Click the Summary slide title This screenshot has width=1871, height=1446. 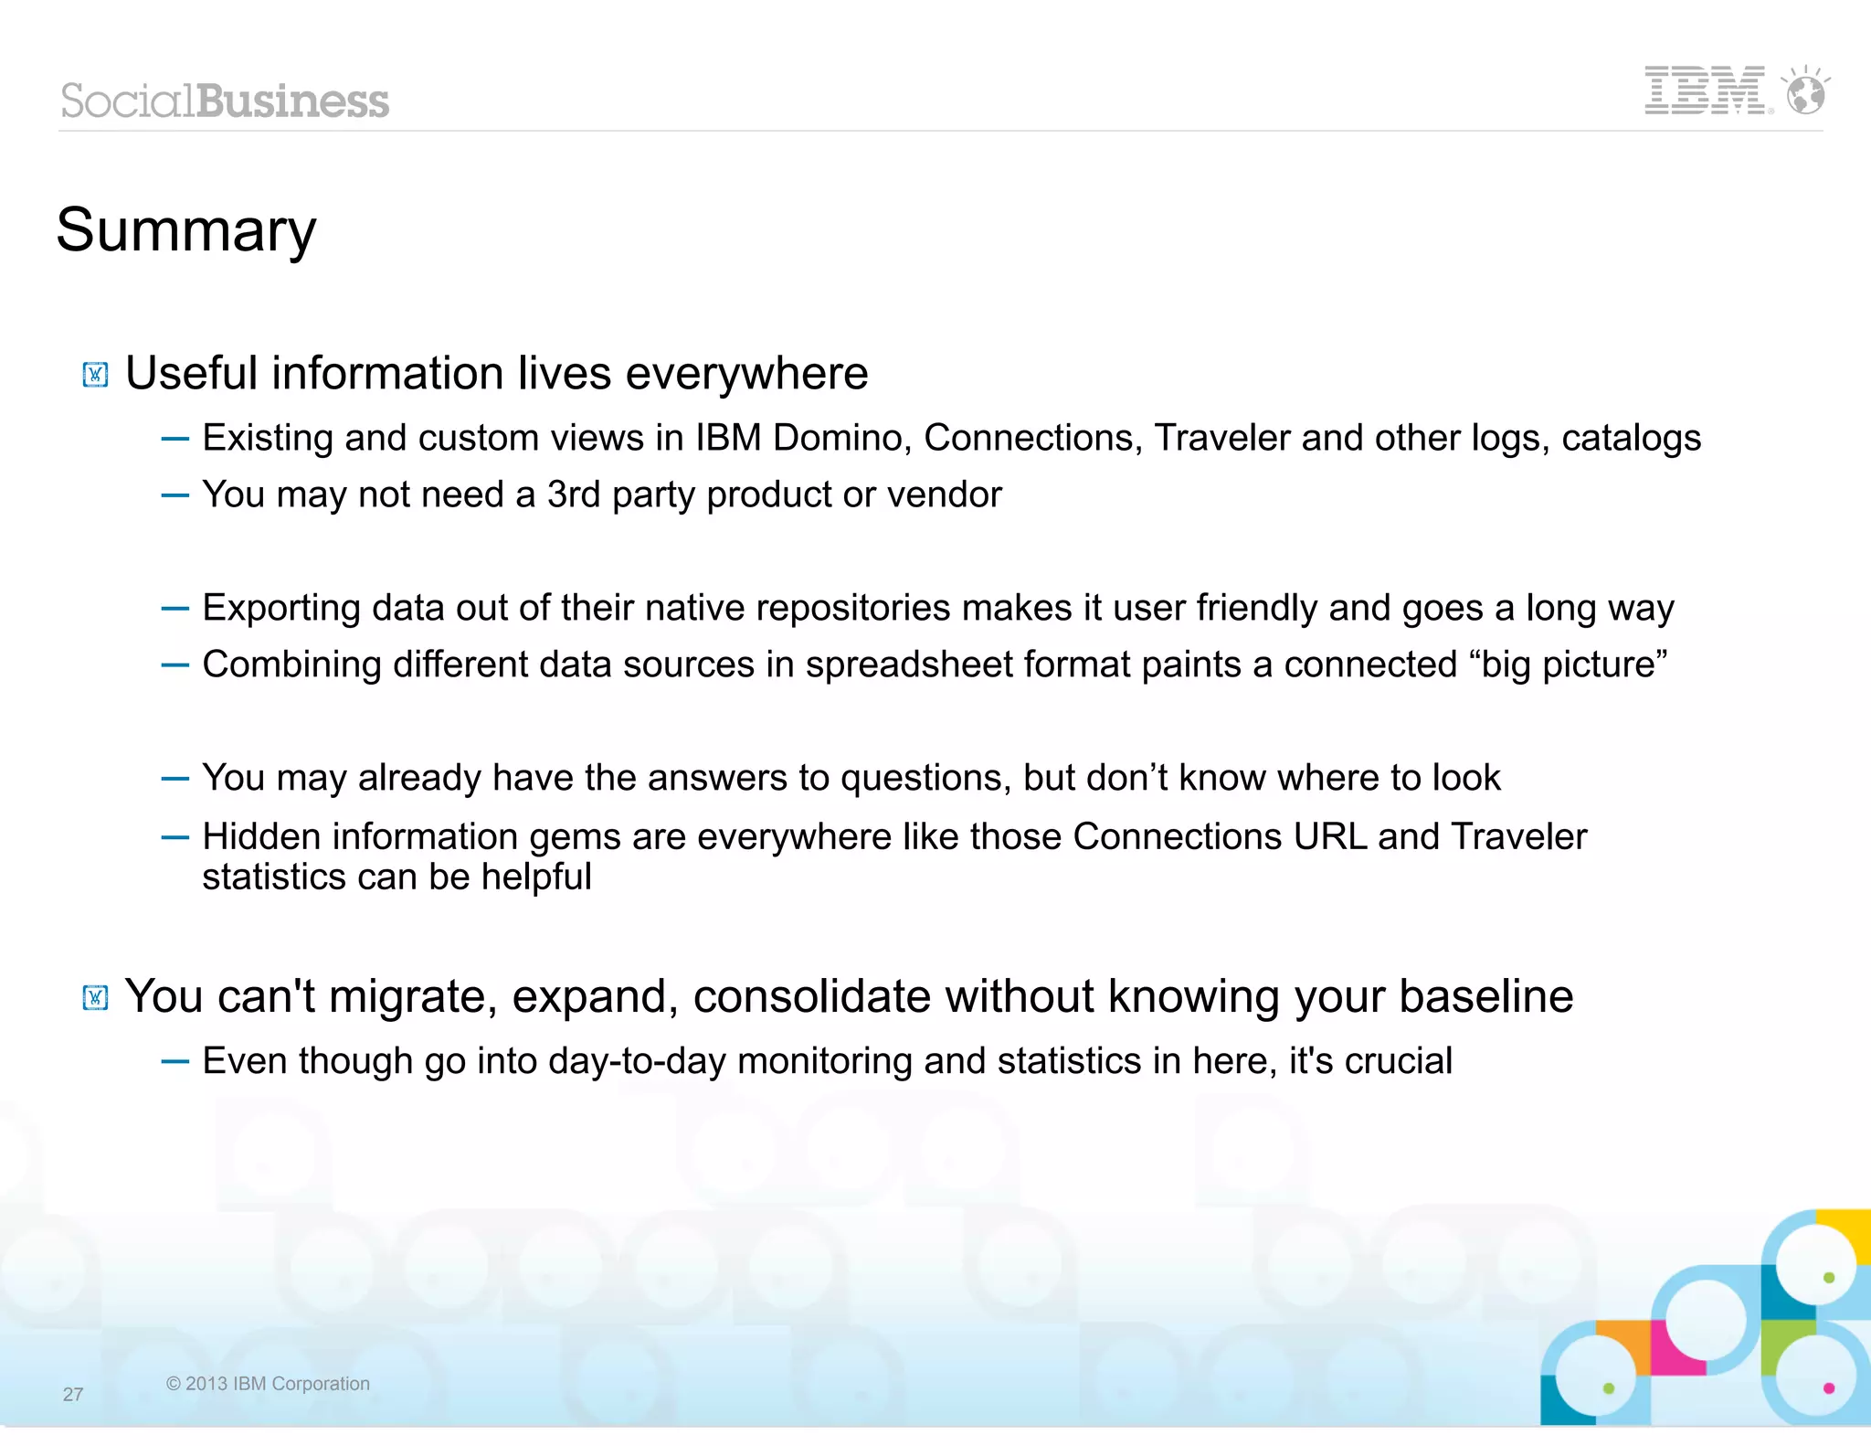tap(186, 229)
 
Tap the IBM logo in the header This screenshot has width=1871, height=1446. tap(1705, 90)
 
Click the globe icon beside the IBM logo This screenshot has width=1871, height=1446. tap(1806, 92)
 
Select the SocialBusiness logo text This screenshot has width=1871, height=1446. tap(225, 101)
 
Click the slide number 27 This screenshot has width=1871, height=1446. tap(73, 1394)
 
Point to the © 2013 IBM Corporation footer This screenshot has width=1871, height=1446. tap(268, 1383)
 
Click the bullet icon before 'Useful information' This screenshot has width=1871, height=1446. tap(96, 375)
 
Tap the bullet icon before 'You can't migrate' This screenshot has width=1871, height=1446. tap(96, 997)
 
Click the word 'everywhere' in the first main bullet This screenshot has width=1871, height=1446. tap(746, 373)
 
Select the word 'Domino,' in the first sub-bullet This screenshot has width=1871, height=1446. tap(842, 438)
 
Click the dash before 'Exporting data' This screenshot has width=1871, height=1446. tap(174, 609)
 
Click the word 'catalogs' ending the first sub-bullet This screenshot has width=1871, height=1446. tap(1631, 438)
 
